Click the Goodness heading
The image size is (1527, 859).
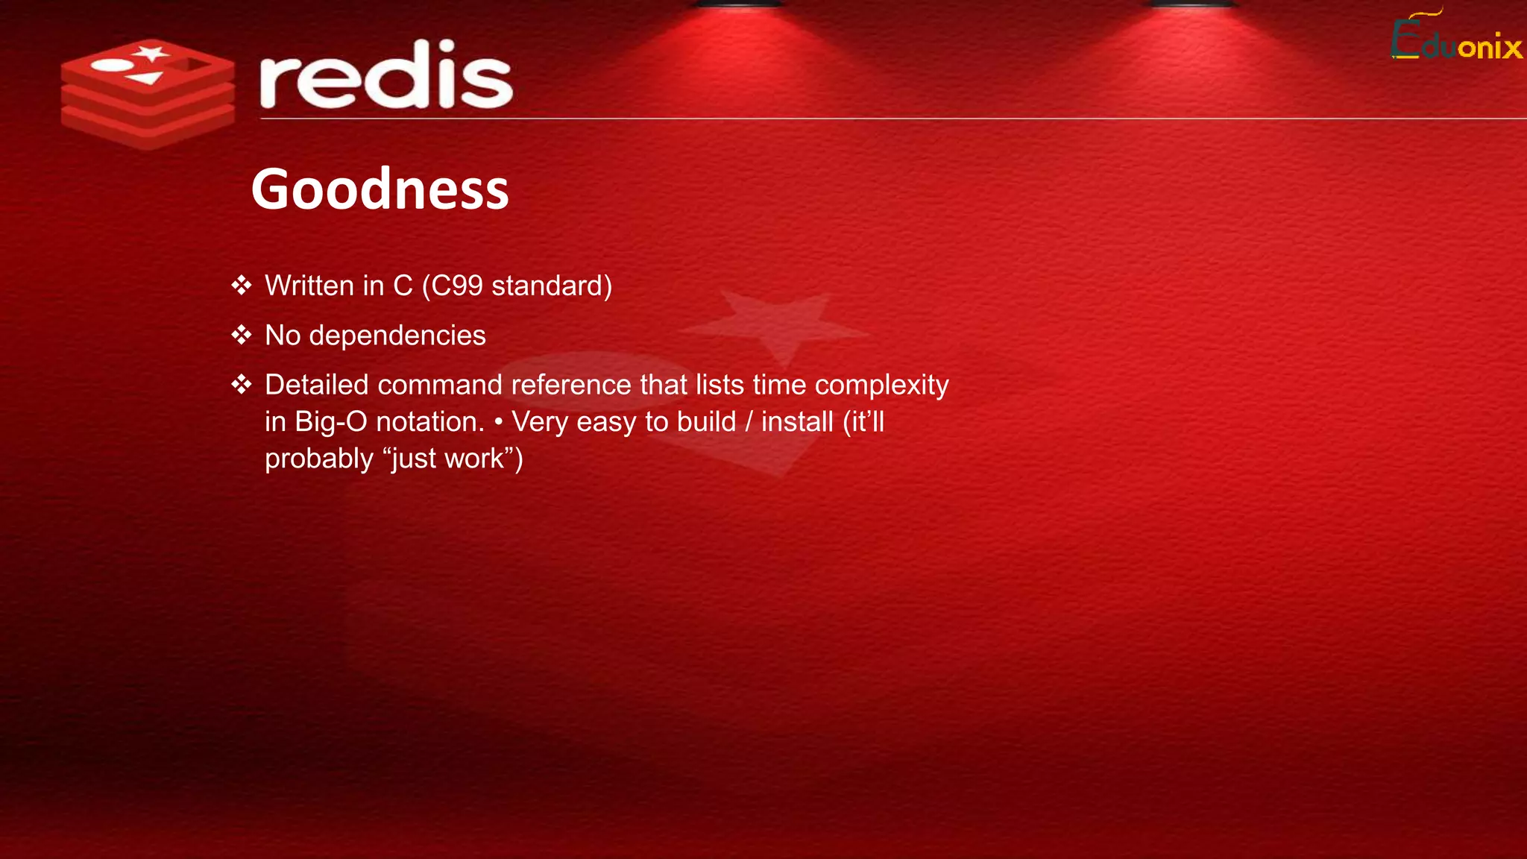point(380,189)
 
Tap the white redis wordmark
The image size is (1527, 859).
point(385,75)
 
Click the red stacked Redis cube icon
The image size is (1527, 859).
point(148,93)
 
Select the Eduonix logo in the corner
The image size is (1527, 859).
point(1456,37)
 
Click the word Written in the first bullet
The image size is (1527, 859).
point(309,286)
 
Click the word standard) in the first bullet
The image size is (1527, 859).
point(552,286)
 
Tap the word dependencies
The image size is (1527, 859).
point(397,336)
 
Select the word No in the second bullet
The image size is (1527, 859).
point(283,336)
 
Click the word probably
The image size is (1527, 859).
point(318,459)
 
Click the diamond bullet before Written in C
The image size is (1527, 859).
point(242,286)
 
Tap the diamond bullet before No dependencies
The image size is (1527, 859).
point(242,335)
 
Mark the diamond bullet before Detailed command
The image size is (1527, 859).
point(242,385)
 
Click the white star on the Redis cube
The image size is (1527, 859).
point(152,54)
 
